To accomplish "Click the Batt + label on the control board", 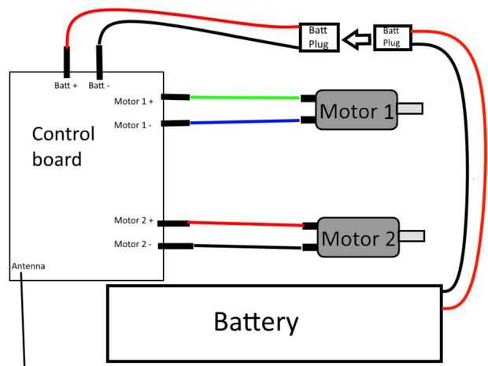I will [65, 85].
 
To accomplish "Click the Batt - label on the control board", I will [100, 85].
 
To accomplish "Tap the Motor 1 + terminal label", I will [134, 101].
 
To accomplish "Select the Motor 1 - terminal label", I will [134, 124].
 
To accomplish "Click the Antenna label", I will [28, 266].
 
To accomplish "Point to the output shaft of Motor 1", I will [410, 109].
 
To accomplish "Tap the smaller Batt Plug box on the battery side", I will [391, 37].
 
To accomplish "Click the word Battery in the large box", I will [257, 321].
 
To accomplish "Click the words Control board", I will [62, 146].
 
